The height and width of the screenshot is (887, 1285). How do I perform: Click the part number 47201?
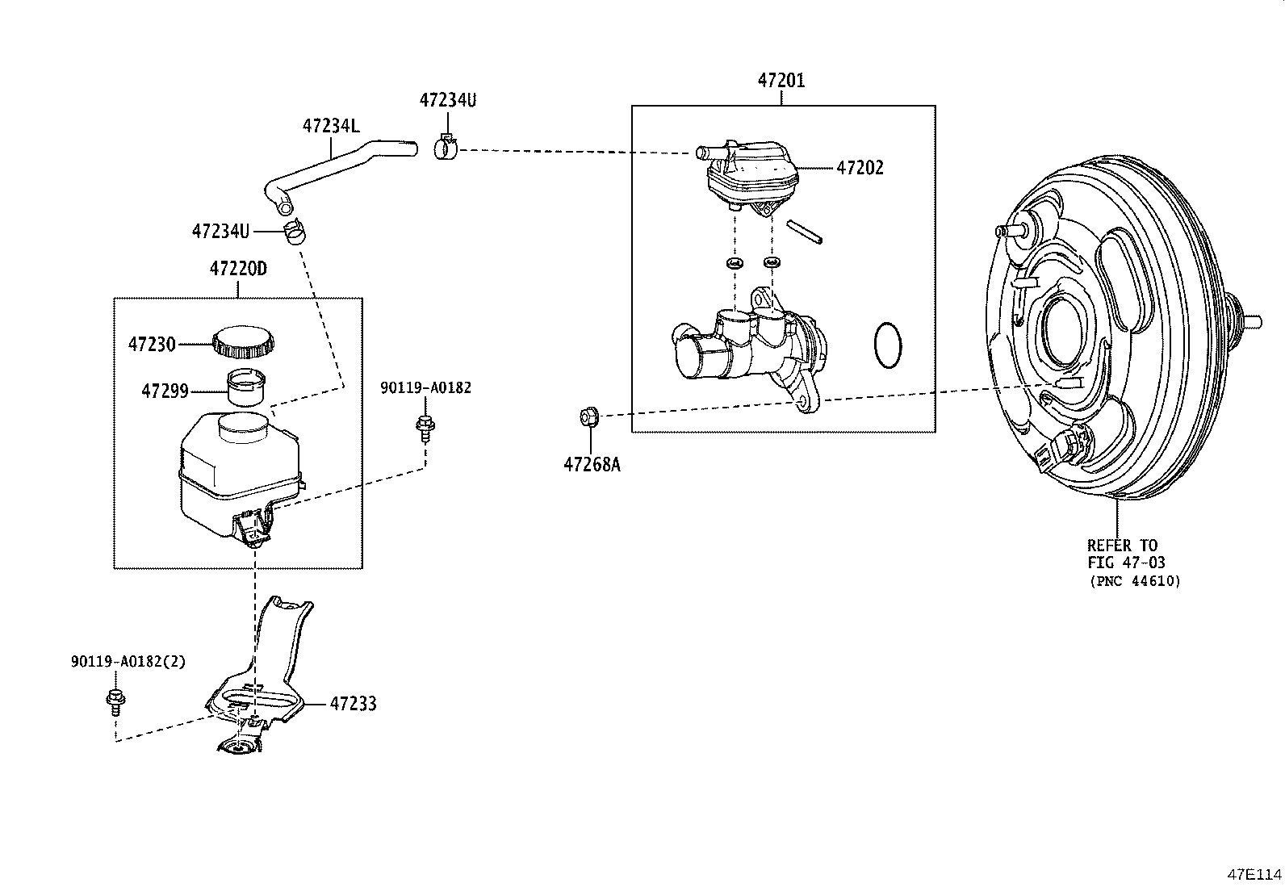tap(781, 81)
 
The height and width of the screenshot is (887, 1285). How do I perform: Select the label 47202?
tap(860, 168)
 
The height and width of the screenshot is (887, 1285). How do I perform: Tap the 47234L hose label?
tap(331, 126)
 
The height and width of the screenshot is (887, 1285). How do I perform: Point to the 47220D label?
tap(238, 269)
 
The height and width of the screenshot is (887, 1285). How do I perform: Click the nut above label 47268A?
tap(589, 416)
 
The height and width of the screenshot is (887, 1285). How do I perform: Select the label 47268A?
tap(592, 464)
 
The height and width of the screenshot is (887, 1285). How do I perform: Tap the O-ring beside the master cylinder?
tap(887, 345)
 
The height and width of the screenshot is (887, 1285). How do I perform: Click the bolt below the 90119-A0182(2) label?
tap(115, 702)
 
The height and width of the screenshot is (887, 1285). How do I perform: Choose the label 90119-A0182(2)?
tap(128, 662)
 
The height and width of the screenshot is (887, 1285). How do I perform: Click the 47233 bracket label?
tap(353, 704)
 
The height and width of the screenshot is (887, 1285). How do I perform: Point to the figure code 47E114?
tap(1254, 874)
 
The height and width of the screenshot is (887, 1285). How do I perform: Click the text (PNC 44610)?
tap(1136, 581)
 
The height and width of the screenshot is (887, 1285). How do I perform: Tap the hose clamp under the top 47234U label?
tap(446, 147)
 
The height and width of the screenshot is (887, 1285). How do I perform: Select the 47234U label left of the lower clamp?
tap(221, 231)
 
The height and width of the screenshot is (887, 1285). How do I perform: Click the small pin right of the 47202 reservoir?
tap(804, 231)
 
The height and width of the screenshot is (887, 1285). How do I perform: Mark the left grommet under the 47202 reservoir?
tap(735, 263)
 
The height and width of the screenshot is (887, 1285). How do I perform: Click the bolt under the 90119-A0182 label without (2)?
tap(425, 428)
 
